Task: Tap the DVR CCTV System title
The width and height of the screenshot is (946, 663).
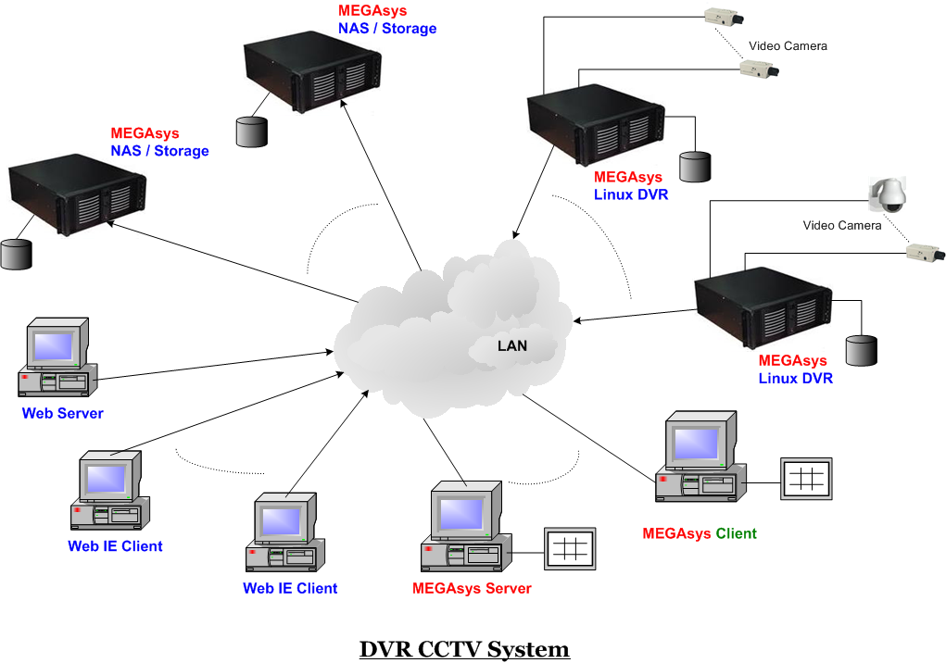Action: click(x=464, y=649)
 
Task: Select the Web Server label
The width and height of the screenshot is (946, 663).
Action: click(x=63, y=413)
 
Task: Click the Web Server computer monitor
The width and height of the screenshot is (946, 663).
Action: click(x=54, y=345)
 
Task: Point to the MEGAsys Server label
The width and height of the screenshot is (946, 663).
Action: click(x=472, y=588)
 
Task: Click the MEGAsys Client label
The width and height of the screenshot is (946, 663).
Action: click(x=700, y=533)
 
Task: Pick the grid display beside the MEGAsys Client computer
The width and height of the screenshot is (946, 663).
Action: click(x=806, y=479)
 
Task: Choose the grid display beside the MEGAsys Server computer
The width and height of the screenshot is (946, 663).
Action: click(x=570, y=548)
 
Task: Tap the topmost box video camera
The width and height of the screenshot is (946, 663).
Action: click(x=725, y=16)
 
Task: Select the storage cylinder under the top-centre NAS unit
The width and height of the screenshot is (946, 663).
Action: click(x=251, y=131)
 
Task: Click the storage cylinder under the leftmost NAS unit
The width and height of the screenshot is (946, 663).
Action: click(x=16, y=254)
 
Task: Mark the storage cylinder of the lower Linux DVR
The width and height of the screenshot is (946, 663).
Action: click(x=861, y=351)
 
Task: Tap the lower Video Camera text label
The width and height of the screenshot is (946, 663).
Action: click(x=842, y=225)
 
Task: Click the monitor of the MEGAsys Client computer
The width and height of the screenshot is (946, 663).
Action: click(x=695, y=444)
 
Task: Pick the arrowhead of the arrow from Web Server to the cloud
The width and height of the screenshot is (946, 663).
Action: click(x=329, y=352)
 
